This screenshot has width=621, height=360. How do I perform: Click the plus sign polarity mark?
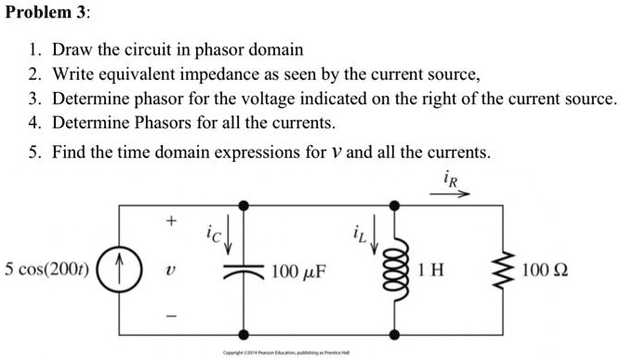[170, 222]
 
